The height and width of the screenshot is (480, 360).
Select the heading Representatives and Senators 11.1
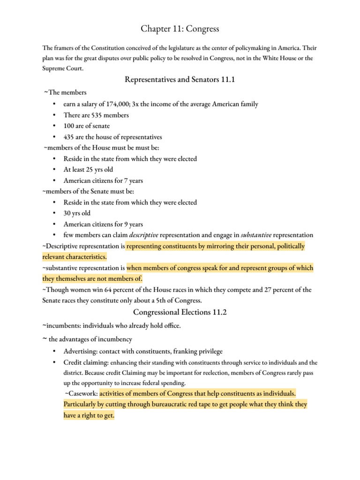tap(180, 80)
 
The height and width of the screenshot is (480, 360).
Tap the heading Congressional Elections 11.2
tap(180, 312)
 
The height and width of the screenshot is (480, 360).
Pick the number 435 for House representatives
tap(70, 137)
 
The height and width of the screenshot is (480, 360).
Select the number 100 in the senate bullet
tap(70, 126)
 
